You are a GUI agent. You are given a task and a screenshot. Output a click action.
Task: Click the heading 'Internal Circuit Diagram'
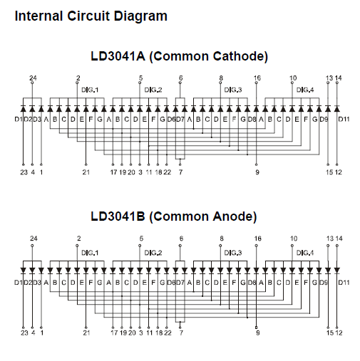(91, 16)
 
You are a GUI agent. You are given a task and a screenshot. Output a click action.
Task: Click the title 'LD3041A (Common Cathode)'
(180, 56)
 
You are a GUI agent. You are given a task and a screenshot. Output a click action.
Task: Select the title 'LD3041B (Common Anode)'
(174, 216)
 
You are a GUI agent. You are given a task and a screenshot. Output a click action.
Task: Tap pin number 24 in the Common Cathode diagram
(33, 78)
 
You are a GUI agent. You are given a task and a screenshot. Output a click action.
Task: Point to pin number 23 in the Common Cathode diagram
(24, 172)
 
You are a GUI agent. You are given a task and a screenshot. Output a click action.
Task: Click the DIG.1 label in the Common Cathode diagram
(90, 90)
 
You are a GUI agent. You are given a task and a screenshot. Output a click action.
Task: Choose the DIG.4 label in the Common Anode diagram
(305, 253)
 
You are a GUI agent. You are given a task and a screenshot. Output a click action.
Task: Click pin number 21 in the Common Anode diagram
(86, 333)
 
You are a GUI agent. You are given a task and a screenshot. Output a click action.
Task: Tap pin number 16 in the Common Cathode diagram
(257, 78)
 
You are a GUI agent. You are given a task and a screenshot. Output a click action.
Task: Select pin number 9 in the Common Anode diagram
(257, 333)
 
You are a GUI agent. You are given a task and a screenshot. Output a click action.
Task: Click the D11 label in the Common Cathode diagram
(344, 119)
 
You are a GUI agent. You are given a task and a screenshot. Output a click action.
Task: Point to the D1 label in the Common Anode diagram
(19, 283)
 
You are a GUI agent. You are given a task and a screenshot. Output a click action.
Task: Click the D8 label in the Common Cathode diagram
(252, 119)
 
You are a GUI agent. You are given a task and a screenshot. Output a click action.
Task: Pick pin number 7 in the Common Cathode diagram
(180, 172)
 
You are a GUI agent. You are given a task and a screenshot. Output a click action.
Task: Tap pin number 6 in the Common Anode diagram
(181, 239)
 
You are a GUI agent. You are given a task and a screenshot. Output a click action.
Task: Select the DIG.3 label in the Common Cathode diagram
(233, 90)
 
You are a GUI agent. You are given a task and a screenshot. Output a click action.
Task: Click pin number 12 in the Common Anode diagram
(339, 333)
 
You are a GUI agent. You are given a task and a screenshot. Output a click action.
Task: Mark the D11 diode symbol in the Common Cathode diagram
(337, 109)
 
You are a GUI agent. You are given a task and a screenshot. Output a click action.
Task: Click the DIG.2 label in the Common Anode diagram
(153, 253)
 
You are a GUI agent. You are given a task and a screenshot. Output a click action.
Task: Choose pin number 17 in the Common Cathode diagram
(113, 172)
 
